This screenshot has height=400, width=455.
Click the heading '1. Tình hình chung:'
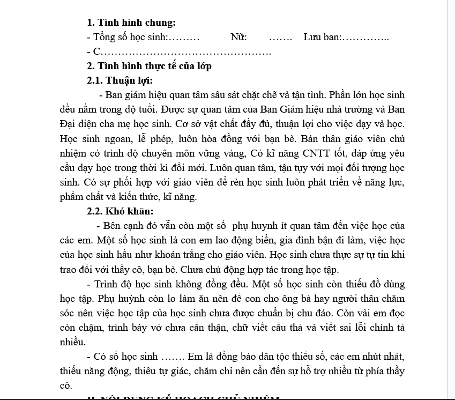[131, 23]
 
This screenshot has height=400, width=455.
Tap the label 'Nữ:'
[238, 38]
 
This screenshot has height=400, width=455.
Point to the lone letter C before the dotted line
[96, 52]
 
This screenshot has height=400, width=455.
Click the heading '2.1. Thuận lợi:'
[120, 81]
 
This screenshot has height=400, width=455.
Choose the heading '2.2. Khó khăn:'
[120, 211]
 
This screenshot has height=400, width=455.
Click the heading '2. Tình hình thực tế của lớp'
[149, 66]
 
